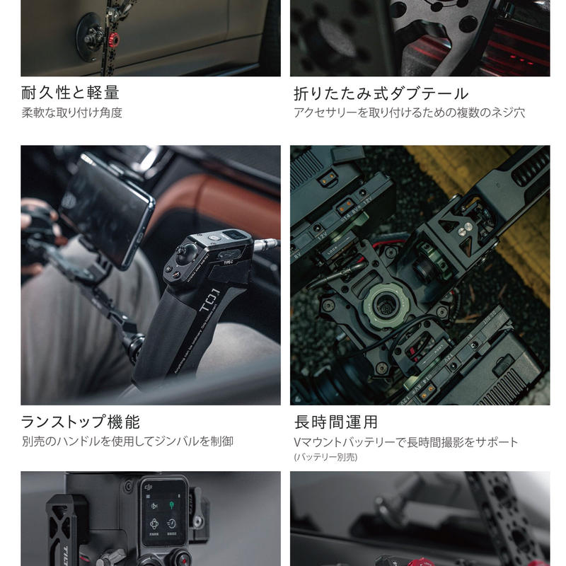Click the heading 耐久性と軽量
pyautogui.click(x=70, y=93)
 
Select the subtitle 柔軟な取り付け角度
pyautogui.click(x=71, y=112)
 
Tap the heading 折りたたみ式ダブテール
pyautogui.click(x=381, y=93)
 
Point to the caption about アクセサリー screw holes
pyautogui.click(x=409, y=112)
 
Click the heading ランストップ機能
pyautogui.click(x=80, y=422)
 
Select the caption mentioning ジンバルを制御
pyautogui.click(x=127, y=441)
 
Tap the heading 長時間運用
pyautogui.click(x=336, y=422)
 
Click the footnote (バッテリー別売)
pyautogui.click(x=326, y=457)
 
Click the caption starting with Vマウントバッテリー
pyautogui.click(x=406, y=441)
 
